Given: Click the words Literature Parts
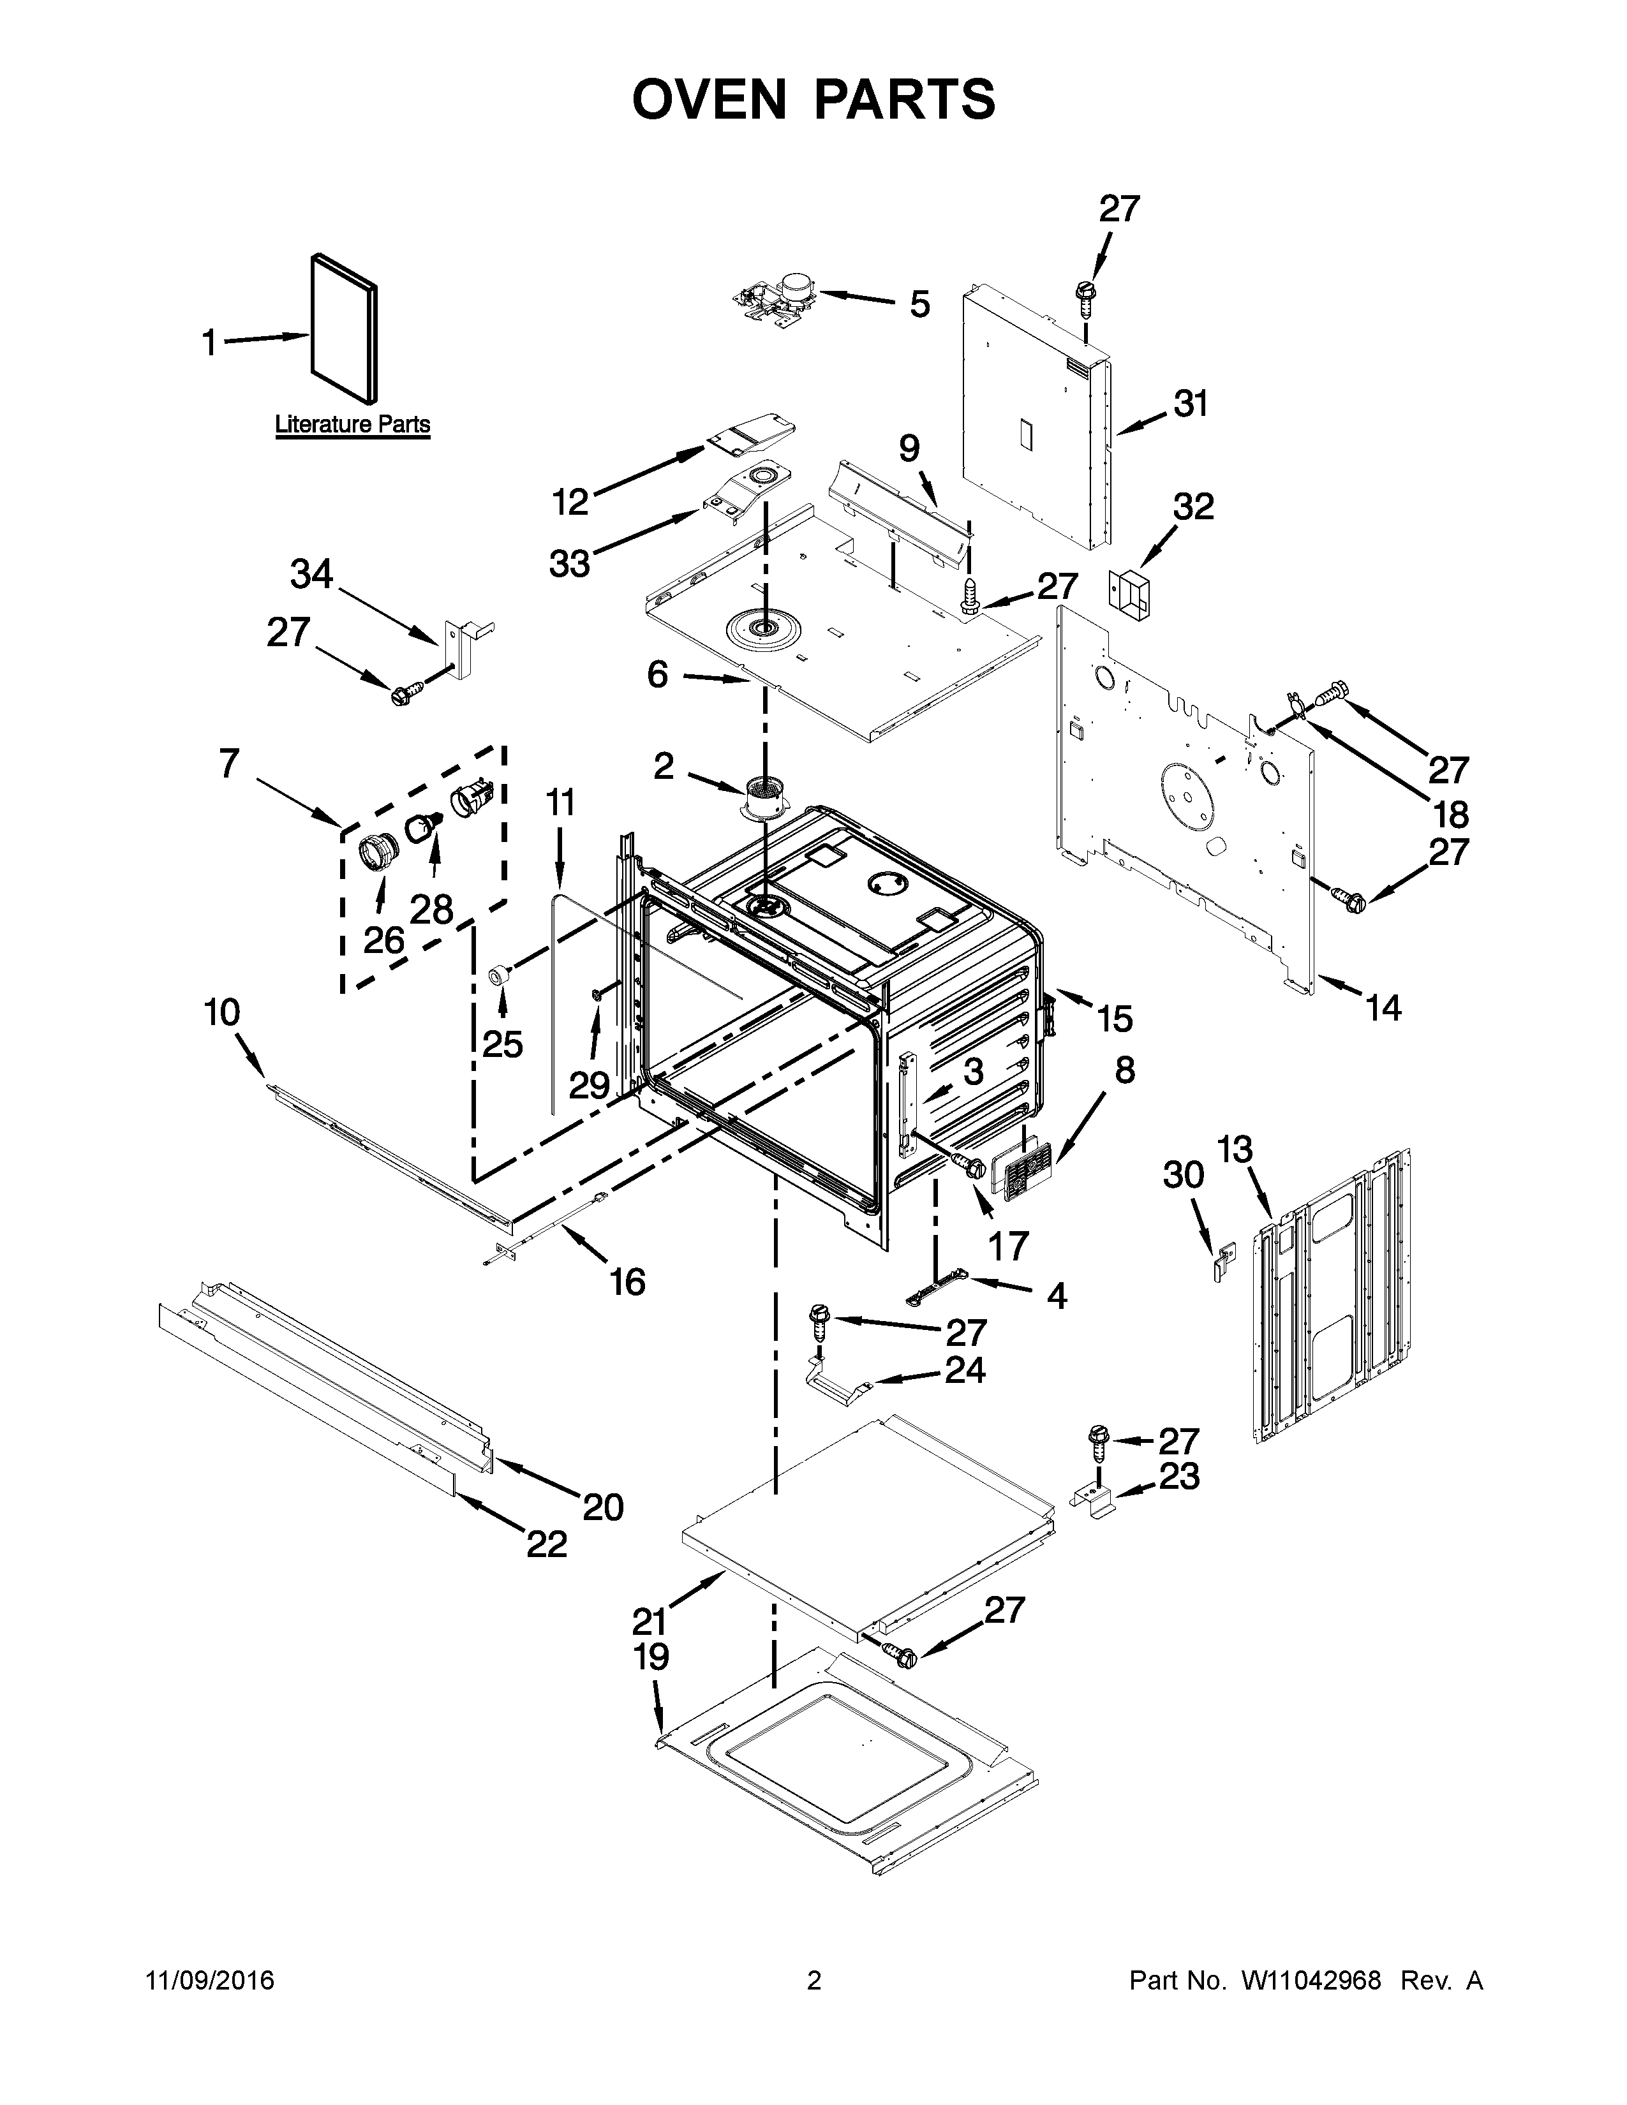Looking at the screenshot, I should point(353,424).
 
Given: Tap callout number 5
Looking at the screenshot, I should point(919,304).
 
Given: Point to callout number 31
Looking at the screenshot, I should point(1191,404).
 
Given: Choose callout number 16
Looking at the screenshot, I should point(627,1282).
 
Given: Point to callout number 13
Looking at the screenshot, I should point(1234,1150).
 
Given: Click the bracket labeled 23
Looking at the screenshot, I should point(1095,1501).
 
